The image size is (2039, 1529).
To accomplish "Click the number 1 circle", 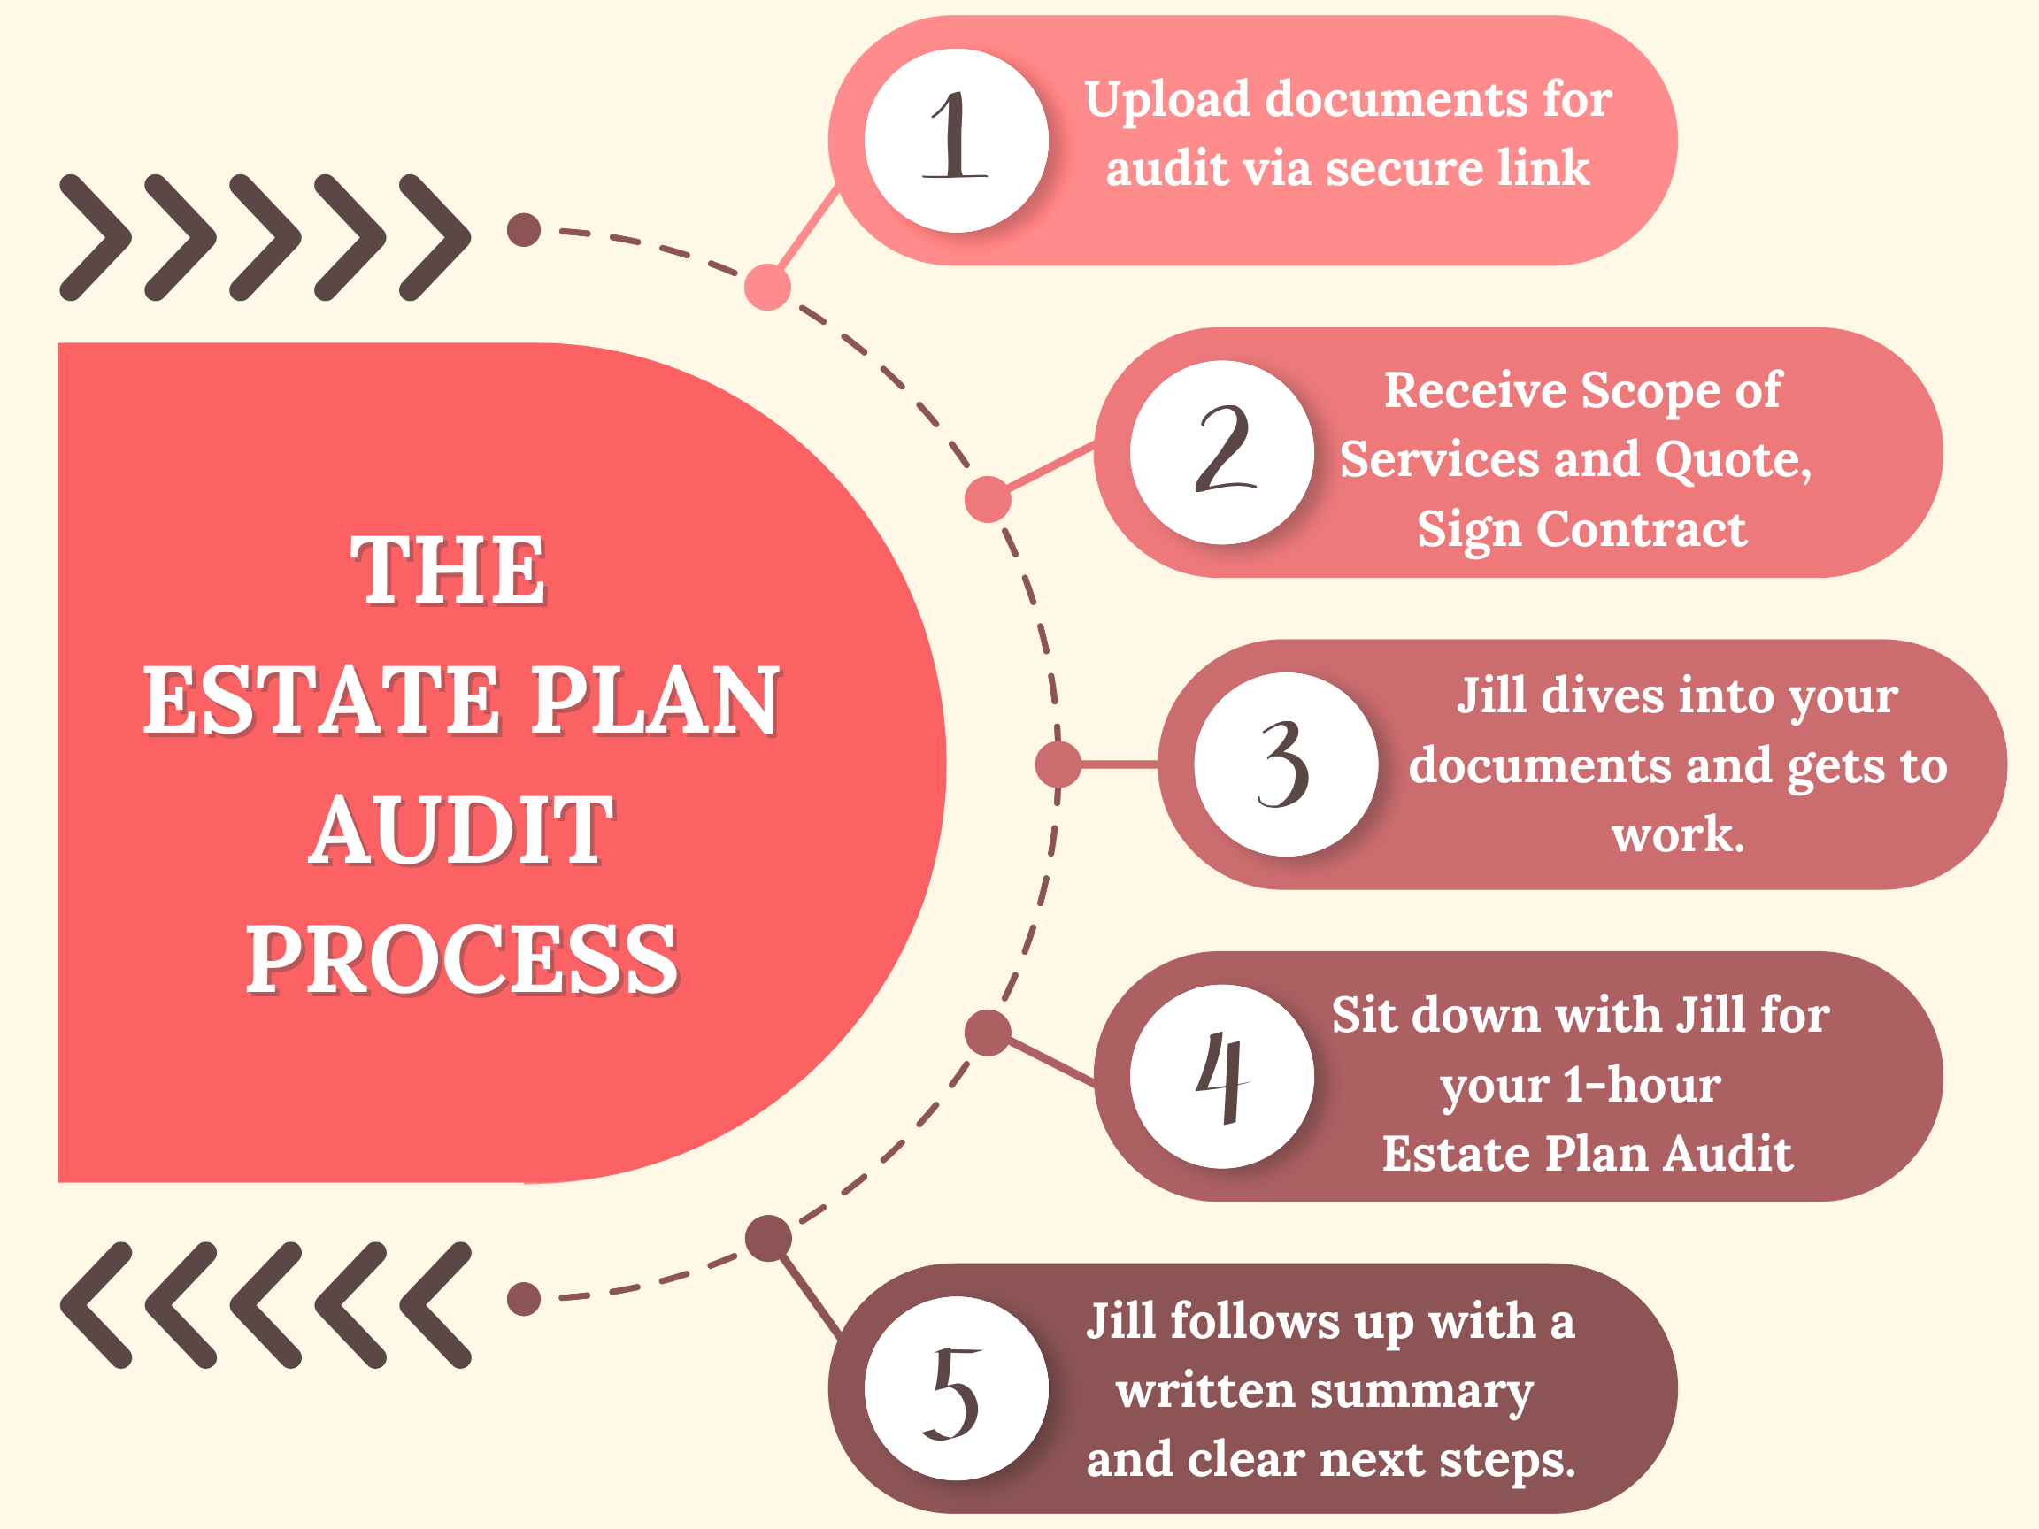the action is tap(956, 140).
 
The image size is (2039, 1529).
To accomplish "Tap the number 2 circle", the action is tap(1221, 452).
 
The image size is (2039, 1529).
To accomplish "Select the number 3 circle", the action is tap(1285, 764).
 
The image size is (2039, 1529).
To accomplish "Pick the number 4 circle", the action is tap(1221, 1077).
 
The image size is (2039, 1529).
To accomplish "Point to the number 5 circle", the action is tap(956, 1388).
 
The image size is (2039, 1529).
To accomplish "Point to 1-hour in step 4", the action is tap(1642, 1085).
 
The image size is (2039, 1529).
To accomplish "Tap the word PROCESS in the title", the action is tap(462, 959).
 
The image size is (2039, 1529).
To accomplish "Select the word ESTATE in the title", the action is tap(318, 701).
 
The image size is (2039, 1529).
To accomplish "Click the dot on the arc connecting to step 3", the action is tap(1058, 764).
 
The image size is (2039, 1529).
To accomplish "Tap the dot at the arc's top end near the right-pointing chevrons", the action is tap(524, 229).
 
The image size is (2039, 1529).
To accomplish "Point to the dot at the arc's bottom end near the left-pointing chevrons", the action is tap(524, 1299).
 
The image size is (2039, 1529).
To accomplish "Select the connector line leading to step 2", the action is tap(1050, 465).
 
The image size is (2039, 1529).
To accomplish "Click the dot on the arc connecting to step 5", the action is tap(768, 1237).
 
